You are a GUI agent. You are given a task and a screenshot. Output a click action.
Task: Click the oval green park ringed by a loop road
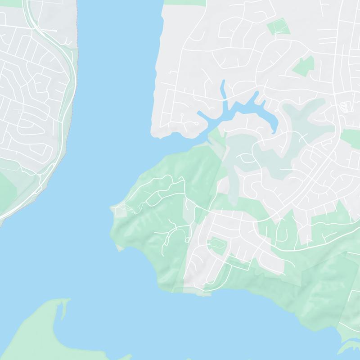pyautogui.click(x=216, y=245)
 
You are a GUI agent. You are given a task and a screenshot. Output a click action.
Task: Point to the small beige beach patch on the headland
pyautogui.click(x=120, y=247)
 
